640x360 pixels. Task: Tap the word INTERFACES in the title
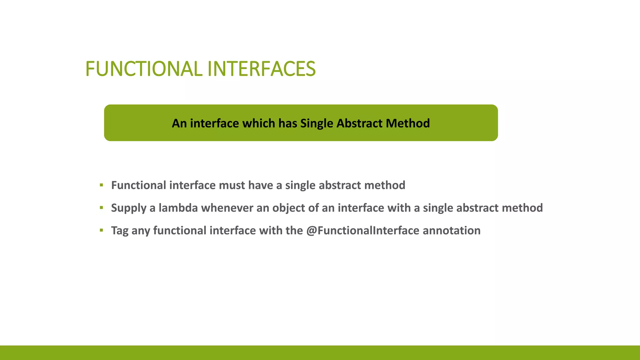click(x=261, y=69)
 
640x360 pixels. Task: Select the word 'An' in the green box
click(x=179, y=123)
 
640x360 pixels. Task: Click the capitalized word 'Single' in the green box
click(x=317, y=123)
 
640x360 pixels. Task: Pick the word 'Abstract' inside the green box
click(x=359, y=123)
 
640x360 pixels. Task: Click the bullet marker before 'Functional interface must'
click(x=101, y=185)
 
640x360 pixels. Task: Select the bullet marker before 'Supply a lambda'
click(x=101, y=207)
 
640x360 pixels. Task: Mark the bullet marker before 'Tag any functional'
click(x=101, y=230)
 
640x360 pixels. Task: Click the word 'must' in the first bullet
click(x=232, y=185)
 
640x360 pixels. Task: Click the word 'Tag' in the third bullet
click(x=120, y=231)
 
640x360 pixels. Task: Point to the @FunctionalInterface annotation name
click(x=362, y=231)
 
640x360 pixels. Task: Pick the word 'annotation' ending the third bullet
click(x=452, y=231)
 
